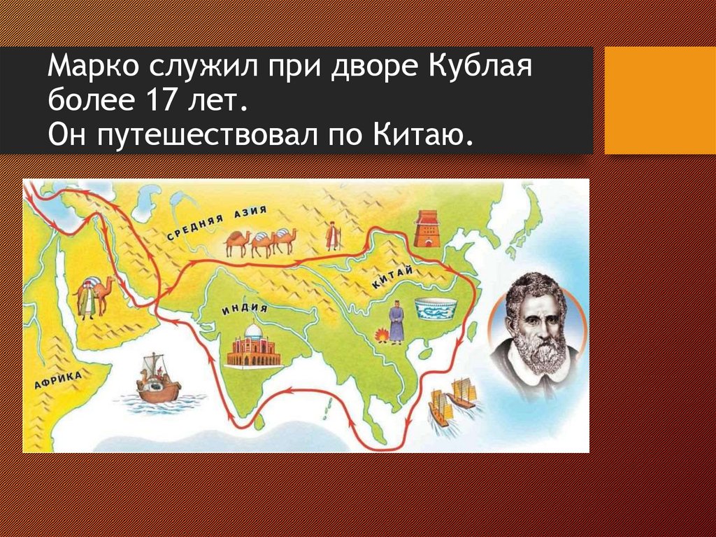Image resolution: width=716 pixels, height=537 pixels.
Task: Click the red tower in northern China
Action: [425, 228]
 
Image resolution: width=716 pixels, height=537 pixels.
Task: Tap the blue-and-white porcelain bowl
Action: [434, 309]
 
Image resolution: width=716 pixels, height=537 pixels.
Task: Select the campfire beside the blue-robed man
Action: [381, 336]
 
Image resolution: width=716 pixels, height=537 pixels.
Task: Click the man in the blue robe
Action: [396, 323]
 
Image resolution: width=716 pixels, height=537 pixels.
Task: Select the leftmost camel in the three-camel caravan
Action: [237, 243]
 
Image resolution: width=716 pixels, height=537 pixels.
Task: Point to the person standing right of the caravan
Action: [333, 236]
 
